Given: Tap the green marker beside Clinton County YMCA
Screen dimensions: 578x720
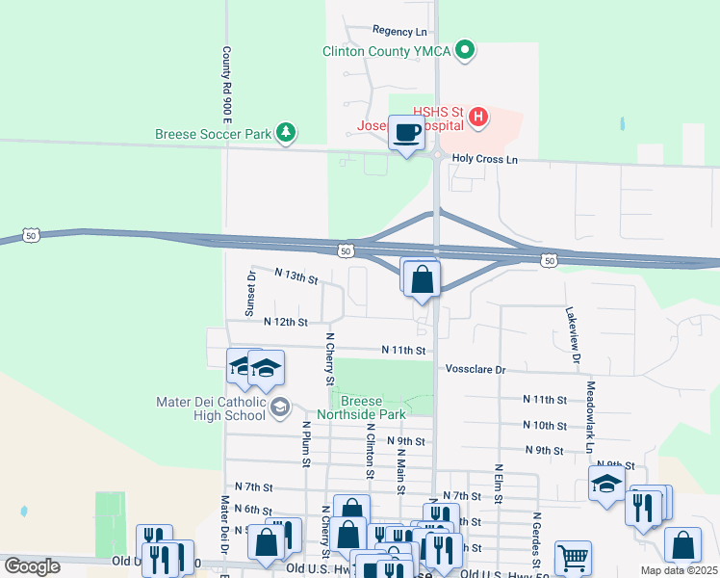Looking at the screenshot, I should point(465,49).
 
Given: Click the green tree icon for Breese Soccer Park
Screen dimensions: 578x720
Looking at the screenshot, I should point(285,132).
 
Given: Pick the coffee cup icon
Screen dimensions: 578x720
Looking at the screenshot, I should point(406,133).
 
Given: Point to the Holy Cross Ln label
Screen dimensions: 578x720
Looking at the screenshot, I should point(484,158).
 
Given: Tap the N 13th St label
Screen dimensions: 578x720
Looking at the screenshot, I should point(296,277).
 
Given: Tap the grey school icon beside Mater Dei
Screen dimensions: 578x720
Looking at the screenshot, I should point(280,407).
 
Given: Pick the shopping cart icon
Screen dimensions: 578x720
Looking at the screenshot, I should point(573,557).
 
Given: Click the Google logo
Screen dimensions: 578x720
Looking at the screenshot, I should point(33,566).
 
